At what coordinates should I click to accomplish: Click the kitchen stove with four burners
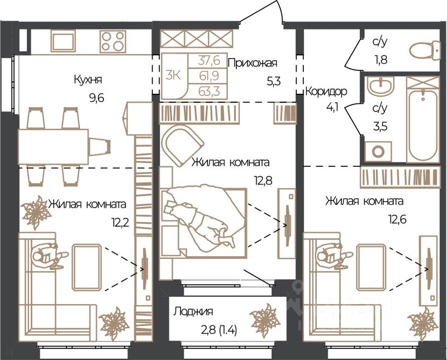(113, 41)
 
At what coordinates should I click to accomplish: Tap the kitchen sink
(63, 41)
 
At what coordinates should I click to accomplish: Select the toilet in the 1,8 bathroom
(425, 50)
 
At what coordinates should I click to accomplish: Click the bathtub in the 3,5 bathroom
(423, 119)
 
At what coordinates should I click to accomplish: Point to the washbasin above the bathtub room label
(381, 85)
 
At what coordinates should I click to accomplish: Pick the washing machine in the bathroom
(378, 151)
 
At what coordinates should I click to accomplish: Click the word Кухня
(88, 80)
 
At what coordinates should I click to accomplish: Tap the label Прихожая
(253, 63)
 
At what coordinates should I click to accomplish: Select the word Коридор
(326, 92)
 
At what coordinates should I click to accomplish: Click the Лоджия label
(193, 311)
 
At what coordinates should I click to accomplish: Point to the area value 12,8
(263, 180)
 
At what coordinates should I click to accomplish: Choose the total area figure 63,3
(209, 92)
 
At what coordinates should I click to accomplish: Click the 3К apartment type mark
(173, 76)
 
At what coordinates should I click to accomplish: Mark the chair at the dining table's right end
(99, 147)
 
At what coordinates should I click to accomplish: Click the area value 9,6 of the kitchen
(96, 99)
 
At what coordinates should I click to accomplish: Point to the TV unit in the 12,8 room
(287, 223)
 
